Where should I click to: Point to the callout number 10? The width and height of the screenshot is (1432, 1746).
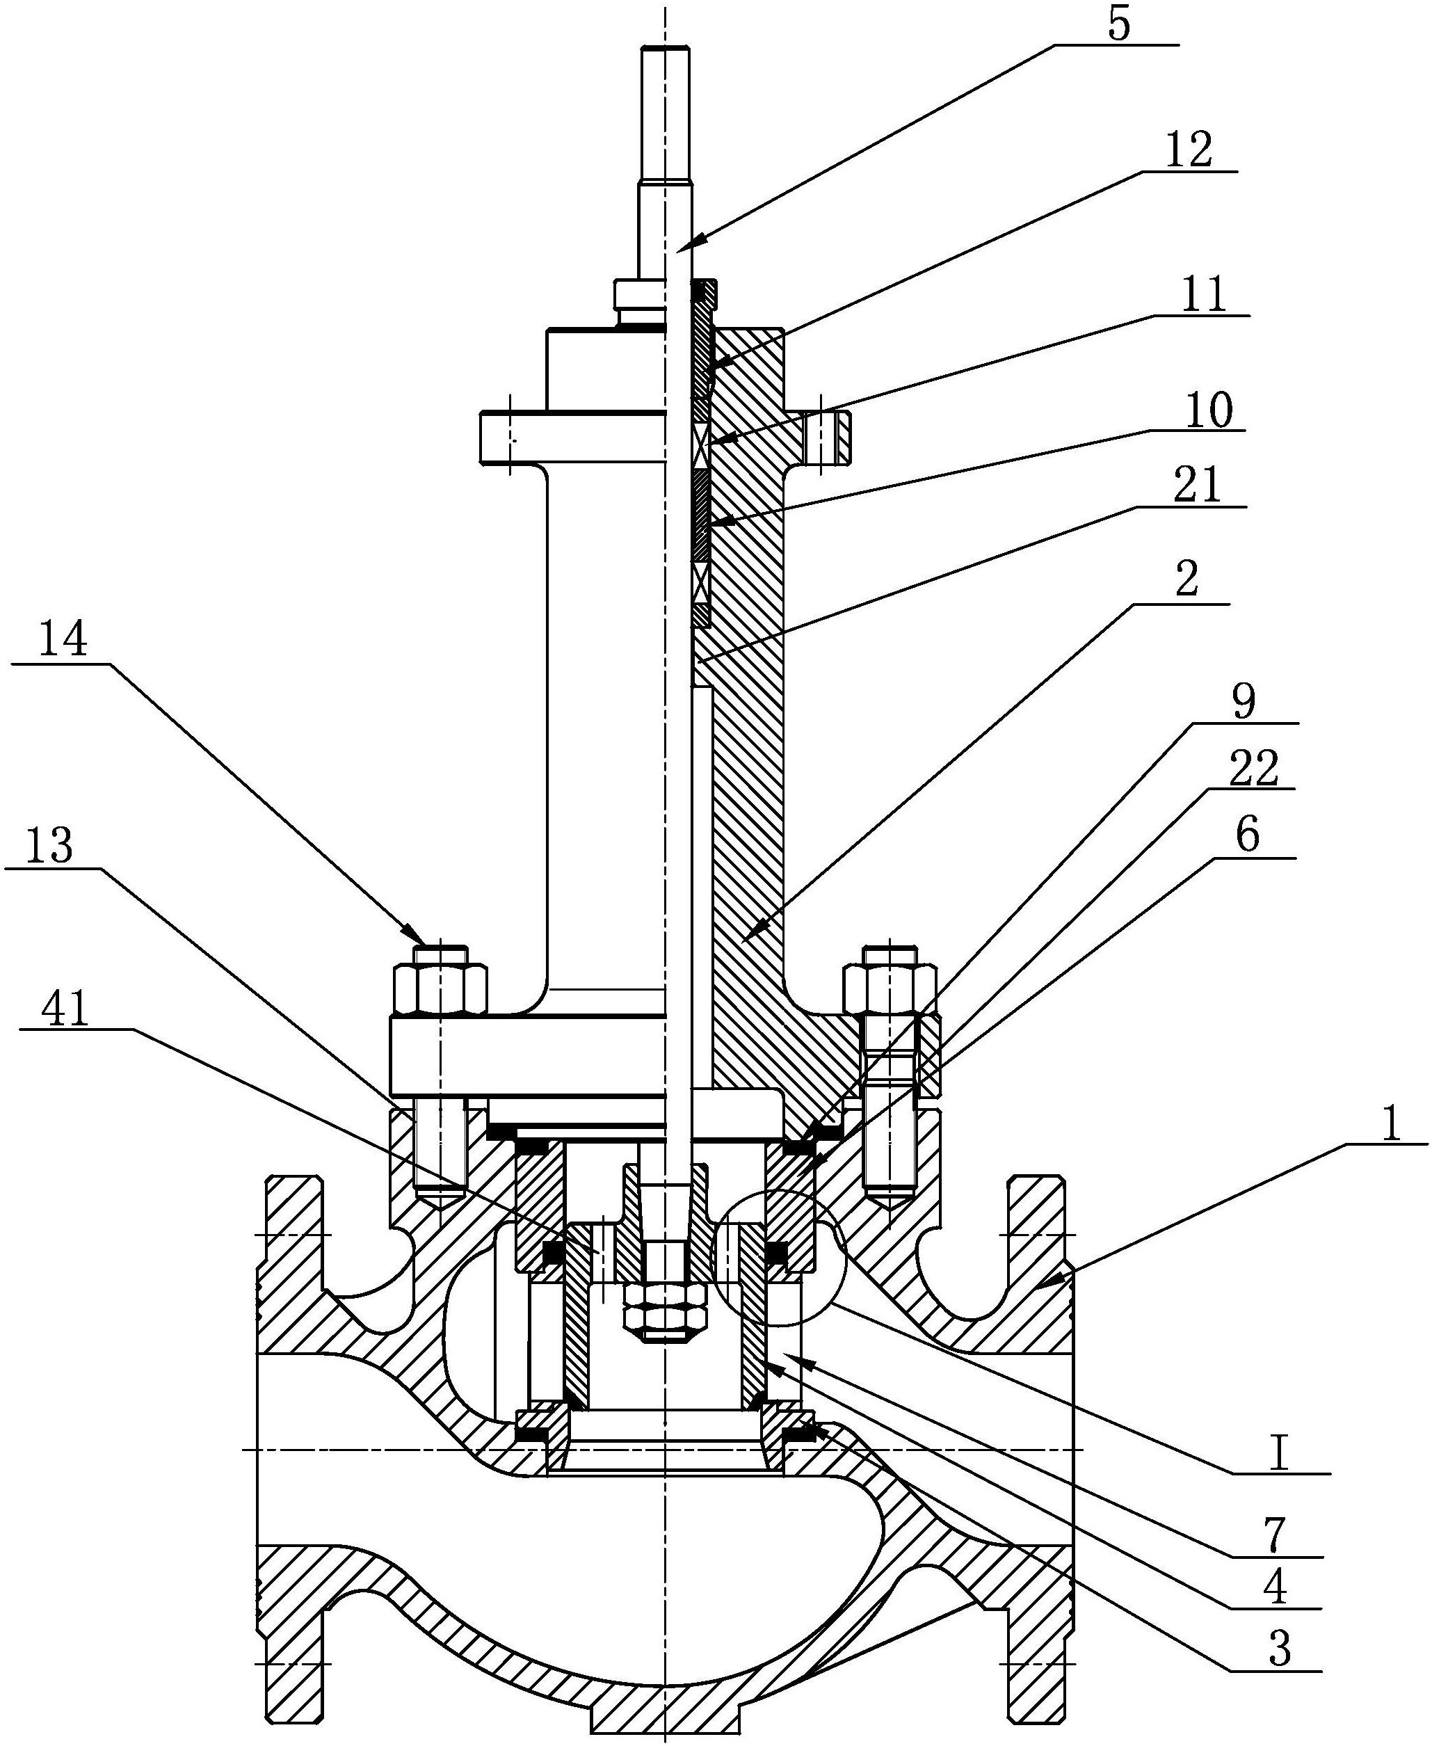pyautogui.click(x=1209, y=411)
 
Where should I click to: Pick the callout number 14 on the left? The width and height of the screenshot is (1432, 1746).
pyautogui.click(x=63, y=640)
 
